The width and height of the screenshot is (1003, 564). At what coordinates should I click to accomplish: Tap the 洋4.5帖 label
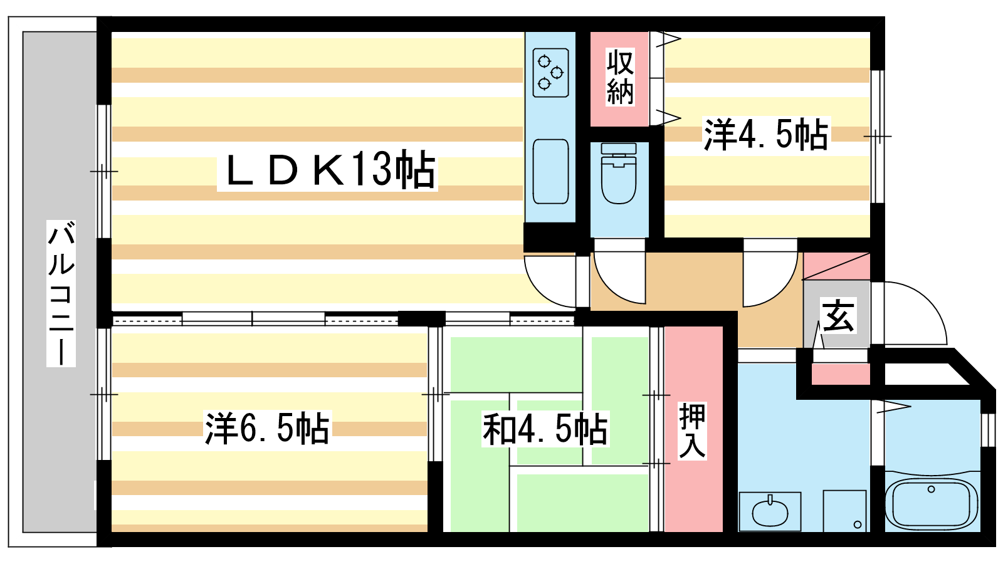765,135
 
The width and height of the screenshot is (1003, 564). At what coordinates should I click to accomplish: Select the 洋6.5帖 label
267,429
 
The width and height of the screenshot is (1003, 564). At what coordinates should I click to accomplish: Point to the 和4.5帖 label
545,430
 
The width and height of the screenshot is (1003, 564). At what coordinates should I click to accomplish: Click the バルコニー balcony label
61,293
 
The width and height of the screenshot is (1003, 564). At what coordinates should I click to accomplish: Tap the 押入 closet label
693,431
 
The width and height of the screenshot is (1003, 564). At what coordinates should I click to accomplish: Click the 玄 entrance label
838,316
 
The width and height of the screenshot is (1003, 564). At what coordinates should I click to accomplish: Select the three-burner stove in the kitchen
550,73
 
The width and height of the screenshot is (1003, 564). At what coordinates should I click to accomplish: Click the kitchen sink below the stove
550,171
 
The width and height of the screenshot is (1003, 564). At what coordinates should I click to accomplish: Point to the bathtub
932,503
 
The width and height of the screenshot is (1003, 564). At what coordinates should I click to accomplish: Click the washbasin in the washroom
770,512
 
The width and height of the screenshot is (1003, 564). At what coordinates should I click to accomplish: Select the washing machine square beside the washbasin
844,511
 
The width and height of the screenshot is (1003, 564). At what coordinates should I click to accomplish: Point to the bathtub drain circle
931,489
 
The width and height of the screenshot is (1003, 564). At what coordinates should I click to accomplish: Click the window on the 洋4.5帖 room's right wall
878,136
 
